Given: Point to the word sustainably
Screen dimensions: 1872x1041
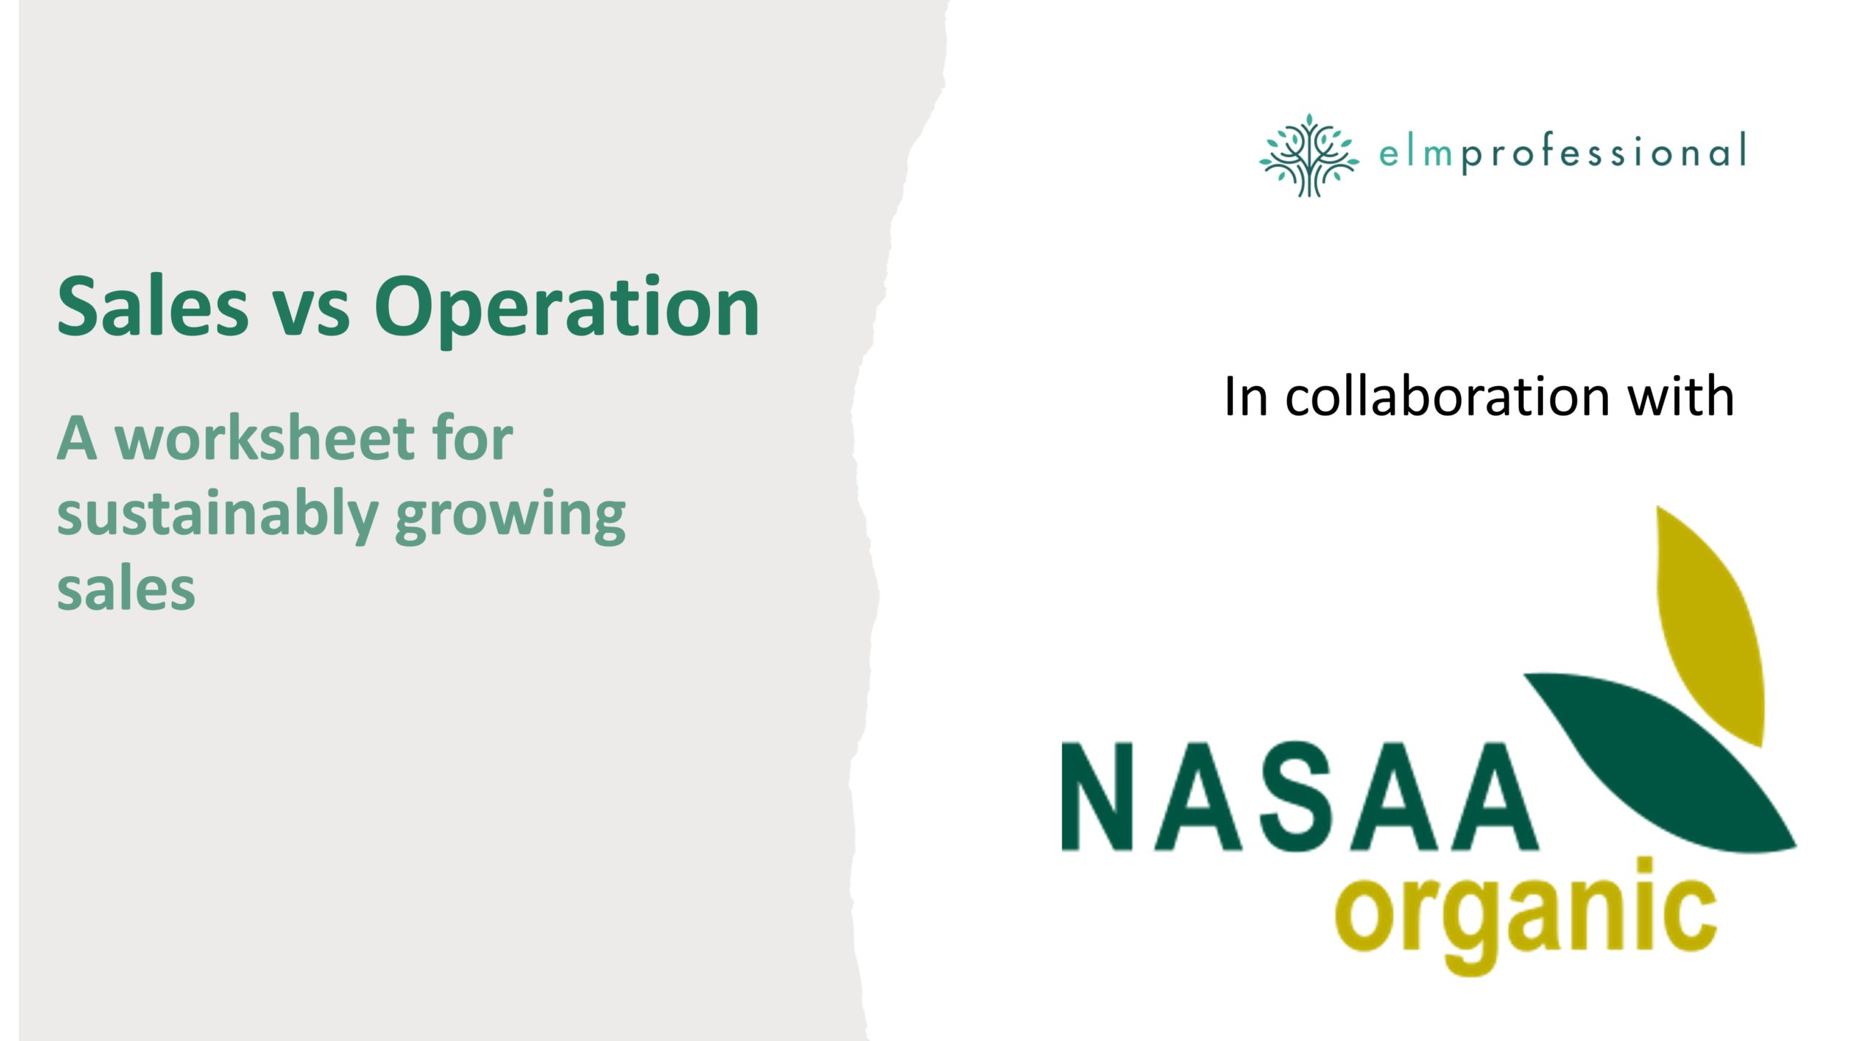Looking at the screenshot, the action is pos(217,516).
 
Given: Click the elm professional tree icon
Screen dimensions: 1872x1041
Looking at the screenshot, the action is pos(1309,155).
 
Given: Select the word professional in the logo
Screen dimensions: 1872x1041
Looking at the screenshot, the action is pos(1604,154).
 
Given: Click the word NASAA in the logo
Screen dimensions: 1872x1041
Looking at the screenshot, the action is pos(1299,797).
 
